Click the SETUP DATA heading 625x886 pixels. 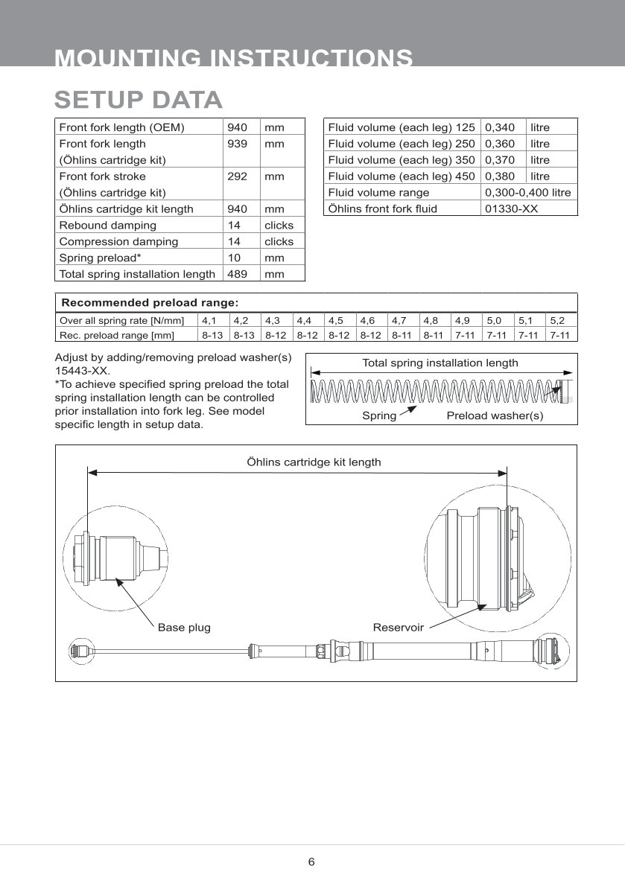point(139,100)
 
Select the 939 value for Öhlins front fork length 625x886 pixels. point(237,144)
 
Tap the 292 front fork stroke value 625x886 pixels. point(237,176)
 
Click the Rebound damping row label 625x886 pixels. point(107,226)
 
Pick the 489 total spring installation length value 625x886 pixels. point(237,274)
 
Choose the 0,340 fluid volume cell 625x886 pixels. point(500,127)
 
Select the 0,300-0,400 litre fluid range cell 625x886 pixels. point(527,193)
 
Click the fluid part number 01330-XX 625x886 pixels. point(511,209)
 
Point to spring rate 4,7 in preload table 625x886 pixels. point(399,321)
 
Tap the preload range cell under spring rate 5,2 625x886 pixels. point(559,335)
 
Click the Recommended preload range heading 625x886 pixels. point(150,303)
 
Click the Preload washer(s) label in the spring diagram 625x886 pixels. point(495,415)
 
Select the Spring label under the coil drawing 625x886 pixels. point(379,415)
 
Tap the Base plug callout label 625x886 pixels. point(184,628)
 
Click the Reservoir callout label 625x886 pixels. point(398,628)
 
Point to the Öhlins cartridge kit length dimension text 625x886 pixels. point(314,462)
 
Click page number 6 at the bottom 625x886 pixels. point(311,862)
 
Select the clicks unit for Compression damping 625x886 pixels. point(279,242)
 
